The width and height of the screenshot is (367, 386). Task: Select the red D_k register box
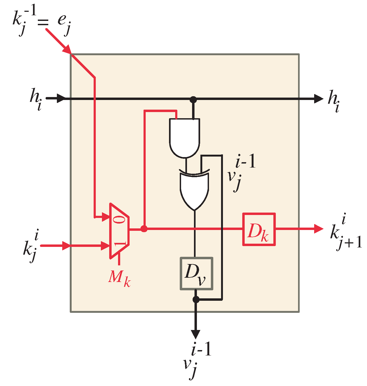tap(259, 229)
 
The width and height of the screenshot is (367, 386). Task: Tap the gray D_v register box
tap(196, 273)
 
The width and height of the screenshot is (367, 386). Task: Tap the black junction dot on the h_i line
tap(193, 99)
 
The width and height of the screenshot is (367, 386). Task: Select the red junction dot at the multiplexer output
tap(144, 229)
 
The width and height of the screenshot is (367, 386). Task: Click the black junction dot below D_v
tap(196, 299)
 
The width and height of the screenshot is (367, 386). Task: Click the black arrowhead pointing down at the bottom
tap(196, 334)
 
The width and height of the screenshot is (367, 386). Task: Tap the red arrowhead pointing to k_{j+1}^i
tap(319, 229)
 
